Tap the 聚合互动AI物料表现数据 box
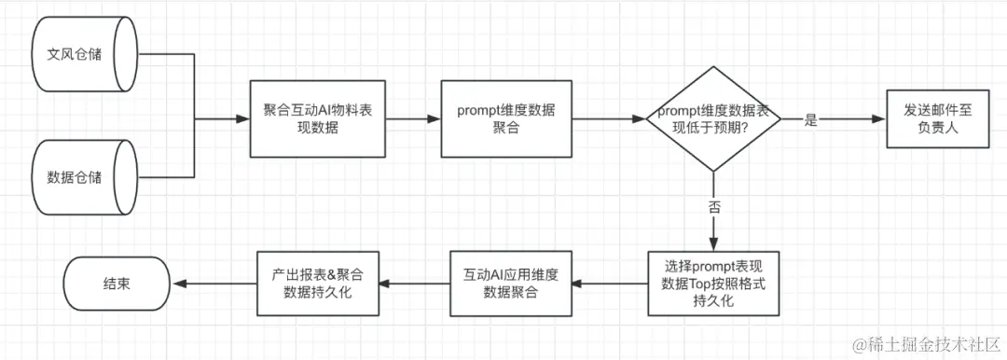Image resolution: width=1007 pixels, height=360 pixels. pyautogui.click(x=317, y=119)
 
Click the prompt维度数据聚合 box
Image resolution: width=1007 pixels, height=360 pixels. pyautogui.click(x=505, y=119)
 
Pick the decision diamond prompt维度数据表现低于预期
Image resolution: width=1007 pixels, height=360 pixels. pyautogui.click(x=713, y=119)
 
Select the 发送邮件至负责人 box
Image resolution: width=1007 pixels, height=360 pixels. pyautogui.click(x=936, y=119)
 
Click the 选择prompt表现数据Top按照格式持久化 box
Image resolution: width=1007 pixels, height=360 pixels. pyautogui.click(x=713, y=281)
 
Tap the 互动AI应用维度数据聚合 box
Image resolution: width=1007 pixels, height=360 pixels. pyautogui.click(x=509, y=281)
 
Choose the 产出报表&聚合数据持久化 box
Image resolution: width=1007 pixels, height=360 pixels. pyautogui.click(x=317, y=281)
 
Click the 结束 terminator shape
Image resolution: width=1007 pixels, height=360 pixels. pyautogui.click(x=117, y=281)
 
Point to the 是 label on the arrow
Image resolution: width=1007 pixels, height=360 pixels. pyautogui.click(x=809, y=120)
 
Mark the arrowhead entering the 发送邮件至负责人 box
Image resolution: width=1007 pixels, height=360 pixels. pyautogui.click(x=877, y=119)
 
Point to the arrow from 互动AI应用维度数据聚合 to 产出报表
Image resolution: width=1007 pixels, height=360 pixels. pyautogui.click(x=414, y=281)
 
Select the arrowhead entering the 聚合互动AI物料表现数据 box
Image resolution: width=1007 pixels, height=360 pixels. pyautogui.click(x=243, y=119)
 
